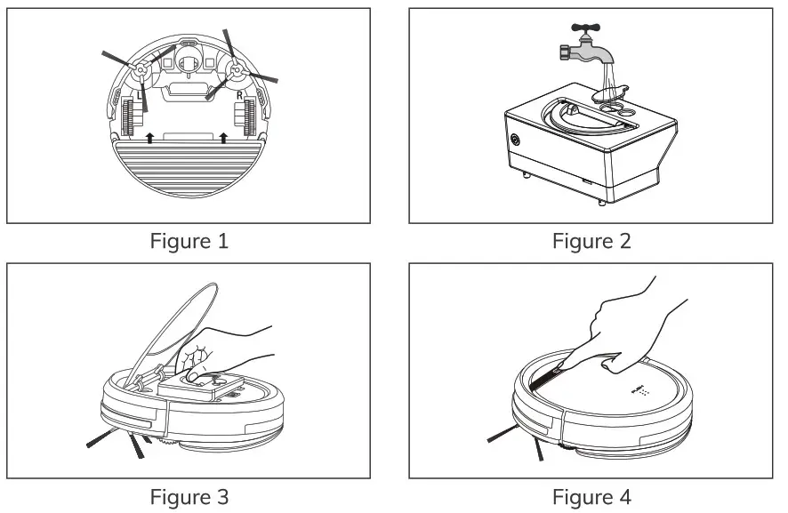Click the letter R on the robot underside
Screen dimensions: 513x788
click(x=240, y=92)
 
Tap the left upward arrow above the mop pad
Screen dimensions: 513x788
click(x=149, y=137)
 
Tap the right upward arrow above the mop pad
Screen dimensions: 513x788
click(x=222, y=137)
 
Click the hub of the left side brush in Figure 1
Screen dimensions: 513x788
click(x=139, y=67)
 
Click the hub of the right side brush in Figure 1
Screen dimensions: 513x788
click(x=237, y=67)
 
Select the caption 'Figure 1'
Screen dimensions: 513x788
click(x=189, y=241)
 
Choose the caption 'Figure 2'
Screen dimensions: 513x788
click(x=591, y=241)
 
